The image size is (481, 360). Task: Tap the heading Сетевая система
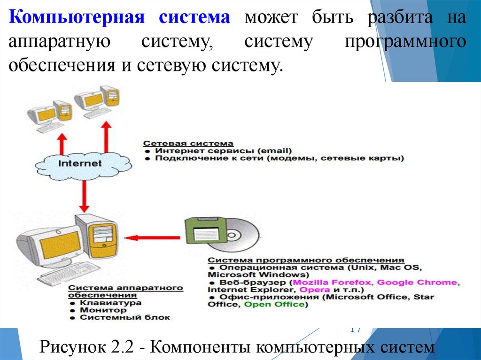pyautogui.click(x=188, y=143)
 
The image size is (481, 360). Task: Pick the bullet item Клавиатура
pyautogui.click(x=110, y=303)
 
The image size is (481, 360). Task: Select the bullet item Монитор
pyautogui.click(x=103, y=310)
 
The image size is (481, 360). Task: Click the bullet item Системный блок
pyautogui.click(x=124, y=318)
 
